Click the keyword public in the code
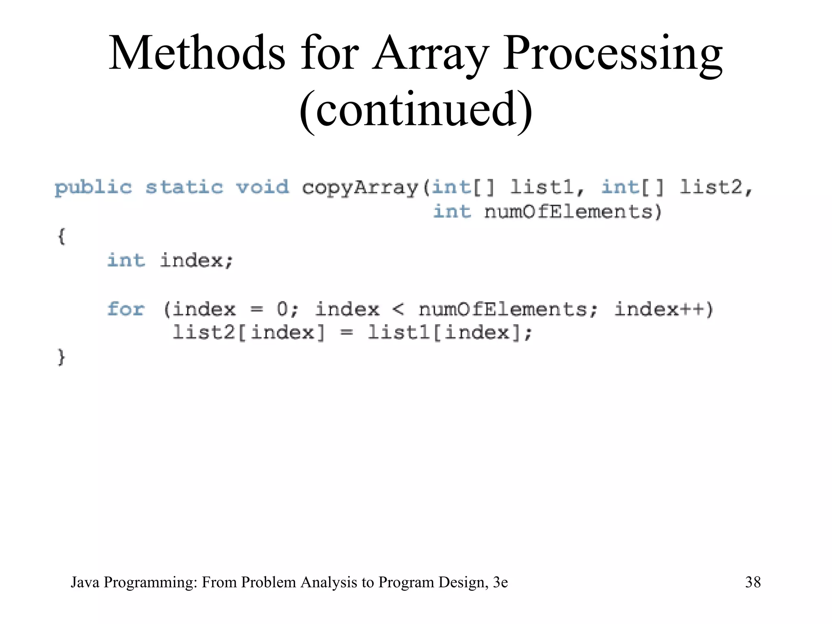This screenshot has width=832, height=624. [93, 188]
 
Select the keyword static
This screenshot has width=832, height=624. [184, 187]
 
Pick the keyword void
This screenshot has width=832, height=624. [262, 187]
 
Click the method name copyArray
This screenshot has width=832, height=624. [360, 188]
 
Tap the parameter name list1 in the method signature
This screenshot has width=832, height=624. [542, 187]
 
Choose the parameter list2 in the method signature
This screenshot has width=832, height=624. [711, 187]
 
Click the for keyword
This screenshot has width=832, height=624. [126, 309]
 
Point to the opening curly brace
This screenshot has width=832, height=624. [61, 236]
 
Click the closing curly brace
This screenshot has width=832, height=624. [61, 357]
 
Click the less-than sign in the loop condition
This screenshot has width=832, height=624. [399, 310]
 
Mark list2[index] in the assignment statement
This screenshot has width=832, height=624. [249, 333]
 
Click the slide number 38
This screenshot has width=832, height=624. [753, 582]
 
